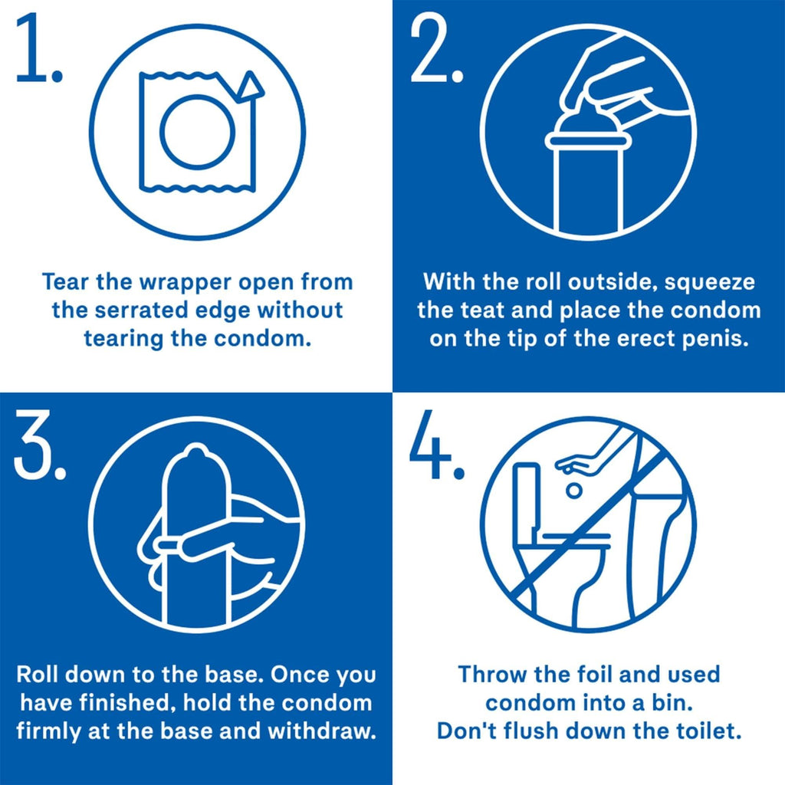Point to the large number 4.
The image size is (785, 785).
(435, 452)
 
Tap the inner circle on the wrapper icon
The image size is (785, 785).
(196, 133)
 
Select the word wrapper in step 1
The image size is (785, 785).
(176, 282)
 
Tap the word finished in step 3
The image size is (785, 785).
(146, 702)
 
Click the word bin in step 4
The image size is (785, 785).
(672, 703)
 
